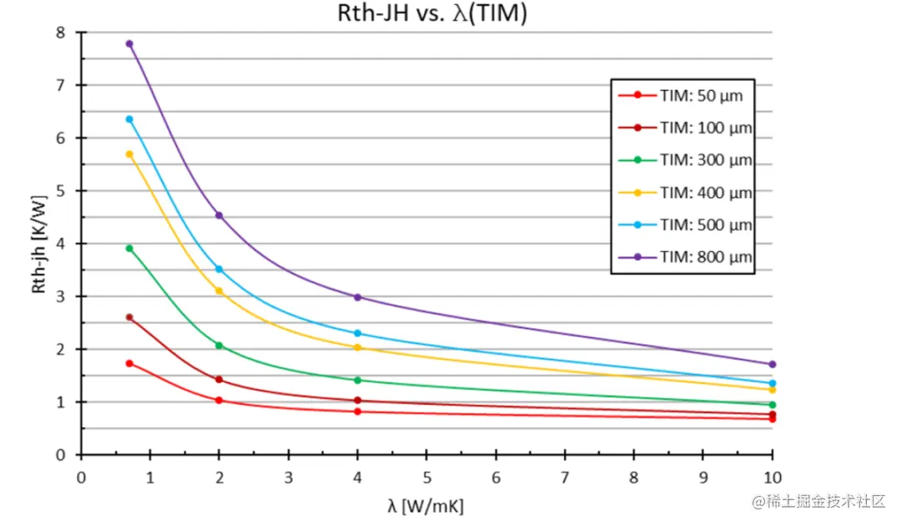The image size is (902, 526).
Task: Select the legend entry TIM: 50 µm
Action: click(x=701, y=95)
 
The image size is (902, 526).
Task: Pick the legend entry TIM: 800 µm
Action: click(x=706, y=257)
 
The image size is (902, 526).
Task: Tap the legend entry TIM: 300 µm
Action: click(x=706, y=159)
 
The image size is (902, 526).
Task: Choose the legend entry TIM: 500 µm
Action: click(x=706, y=225)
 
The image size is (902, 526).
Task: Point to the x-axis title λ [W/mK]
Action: click(x=425, y=506)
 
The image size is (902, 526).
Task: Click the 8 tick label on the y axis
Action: click(x=58, y=33)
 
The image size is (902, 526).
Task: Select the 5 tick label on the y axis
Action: click(x=58, y=191)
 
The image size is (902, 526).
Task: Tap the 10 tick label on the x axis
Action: click(x=772, y=478)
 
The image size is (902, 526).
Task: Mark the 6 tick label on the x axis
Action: click(x=495, y=478)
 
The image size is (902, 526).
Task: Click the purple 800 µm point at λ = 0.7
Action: click(x=129, y=43)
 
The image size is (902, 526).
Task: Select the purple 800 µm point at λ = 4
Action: click(x=357, y=297)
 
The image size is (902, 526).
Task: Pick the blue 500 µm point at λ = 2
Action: click(x=219, y=269)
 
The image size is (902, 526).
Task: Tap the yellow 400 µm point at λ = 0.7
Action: click(x=129, y=154)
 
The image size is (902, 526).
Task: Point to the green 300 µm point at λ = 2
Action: click(x=219, y=346)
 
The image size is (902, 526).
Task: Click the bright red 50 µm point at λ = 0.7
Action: click(x=129, y=363)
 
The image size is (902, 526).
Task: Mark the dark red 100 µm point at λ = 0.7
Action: click(x=129, y=317)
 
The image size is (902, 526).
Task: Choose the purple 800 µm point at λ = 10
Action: click(x=772, y=364)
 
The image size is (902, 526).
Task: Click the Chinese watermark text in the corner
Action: click(x=818, y=501)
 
